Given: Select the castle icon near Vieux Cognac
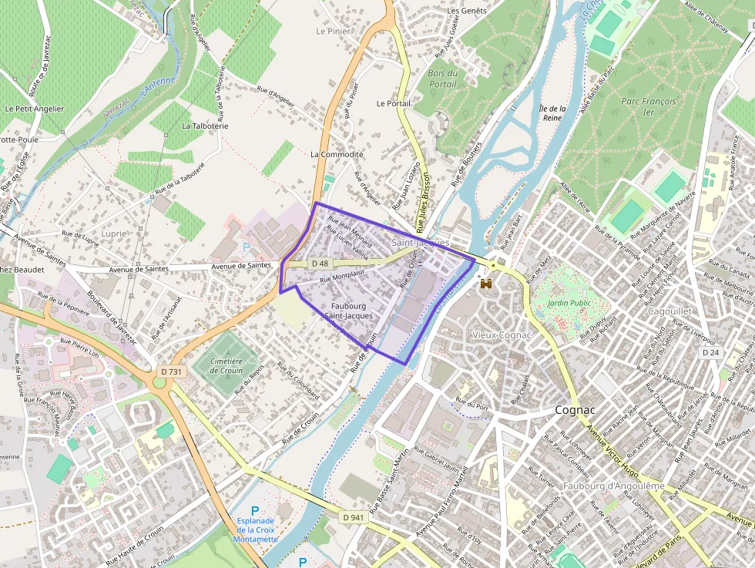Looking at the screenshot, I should tap(486, 284).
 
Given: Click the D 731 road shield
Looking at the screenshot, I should tap(172, 371).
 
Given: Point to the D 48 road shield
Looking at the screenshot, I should tap(320, 264).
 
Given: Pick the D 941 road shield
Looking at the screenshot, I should tap(353, 517).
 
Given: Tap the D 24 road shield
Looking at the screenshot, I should tap(711, 351).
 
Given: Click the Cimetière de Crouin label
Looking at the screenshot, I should tap(225, 366).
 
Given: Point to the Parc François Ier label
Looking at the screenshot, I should tap(648, 106).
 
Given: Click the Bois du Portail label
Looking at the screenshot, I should tap(442, 79).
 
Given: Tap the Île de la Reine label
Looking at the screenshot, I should tap(552, 113).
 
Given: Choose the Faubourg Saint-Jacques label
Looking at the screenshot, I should tap(348, 311).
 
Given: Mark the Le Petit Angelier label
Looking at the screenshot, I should tap(34, 109).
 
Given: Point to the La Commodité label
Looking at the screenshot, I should tap(337, 154).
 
